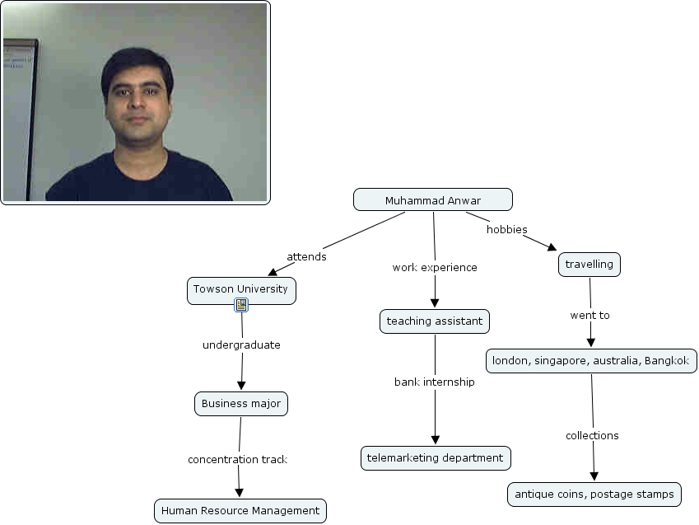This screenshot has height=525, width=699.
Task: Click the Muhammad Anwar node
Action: click(x=432, y=200)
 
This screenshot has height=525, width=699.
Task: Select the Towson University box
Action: click(x=240, y=289)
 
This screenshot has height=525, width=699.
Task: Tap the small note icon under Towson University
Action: click(x=241, y=305)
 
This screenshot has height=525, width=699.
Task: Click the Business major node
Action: click(x=241, y=404)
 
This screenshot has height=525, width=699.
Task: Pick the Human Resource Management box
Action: click(x=240, y=511)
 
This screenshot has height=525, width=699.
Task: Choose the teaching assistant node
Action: click(x=435, y=321)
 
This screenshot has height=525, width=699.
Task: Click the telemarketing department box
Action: click(x=436, y=458)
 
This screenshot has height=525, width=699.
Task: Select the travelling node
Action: click(x=589, y=265)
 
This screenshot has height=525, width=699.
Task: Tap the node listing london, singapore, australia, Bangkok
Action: click(x=591, y=361)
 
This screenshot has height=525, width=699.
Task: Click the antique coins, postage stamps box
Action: click(x=594, y=495)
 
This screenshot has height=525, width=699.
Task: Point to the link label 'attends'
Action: click(x=306, y=257)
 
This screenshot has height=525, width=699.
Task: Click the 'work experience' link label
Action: click(x=435, y=268)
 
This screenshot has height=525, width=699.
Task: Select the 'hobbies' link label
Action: click(x=506, y=230)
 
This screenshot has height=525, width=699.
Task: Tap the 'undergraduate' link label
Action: click(x=241, y=345)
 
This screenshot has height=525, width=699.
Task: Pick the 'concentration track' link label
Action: click(x=237, y=460)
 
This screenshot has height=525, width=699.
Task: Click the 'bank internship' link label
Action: click(x=435, y=382)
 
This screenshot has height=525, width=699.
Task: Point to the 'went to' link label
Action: click(x=589, y=316)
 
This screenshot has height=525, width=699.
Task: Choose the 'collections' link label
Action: click(x=592, y=436)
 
